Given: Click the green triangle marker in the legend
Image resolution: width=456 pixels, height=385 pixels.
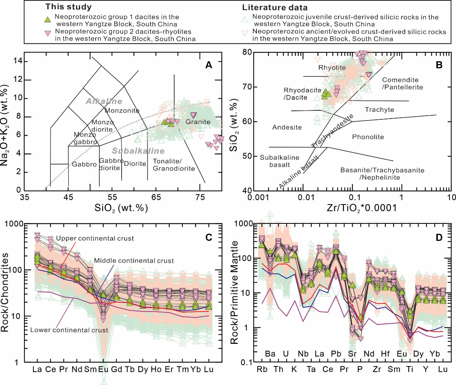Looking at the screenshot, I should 47,20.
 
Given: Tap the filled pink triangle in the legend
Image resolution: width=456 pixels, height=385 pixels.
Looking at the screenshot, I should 47,33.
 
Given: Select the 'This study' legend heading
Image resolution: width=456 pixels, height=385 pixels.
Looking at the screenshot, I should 68,7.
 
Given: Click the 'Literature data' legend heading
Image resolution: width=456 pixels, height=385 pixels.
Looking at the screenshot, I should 275,7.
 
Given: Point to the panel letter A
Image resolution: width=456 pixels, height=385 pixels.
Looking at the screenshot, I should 209,65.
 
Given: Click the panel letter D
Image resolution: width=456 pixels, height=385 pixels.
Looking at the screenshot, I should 439,237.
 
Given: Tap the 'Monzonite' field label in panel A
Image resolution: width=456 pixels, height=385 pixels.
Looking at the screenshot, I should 122,110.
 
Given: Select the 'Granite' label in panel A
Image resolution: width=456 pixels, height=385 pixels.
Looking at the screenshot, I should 198,122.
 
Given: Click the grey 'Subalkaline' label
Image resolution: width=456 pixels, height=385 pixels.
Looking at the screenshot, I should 138,151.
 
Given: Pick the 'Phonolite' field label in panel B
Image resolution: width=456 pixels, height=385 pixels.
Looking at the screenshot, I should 368,137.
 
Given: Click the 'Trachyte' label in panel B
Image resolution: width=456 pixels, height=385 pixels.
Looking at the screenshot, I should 379,110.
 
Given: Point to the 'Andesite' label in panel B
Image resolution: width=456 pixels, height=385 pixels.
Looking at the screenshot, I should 287,127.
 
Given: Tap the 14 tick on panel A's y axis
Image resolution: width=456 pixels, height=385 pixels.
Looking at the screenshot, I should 17,61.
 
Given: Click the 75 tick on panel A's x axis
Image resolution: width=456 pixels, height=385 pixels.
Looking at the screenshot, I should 200,197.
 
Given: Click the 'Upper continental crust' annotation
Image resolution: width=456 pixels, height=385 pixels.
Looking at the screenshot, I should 95,238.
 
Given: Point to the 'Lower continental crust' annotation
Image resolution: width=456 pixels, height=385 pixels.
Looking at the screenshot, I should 69,330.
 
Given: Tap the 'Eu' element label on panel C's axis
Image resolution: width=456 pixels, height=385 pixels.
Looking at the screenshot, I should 103,369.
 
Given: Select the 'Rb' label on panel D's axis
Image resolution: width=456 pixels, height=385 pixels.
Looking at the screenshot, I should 262,369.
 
